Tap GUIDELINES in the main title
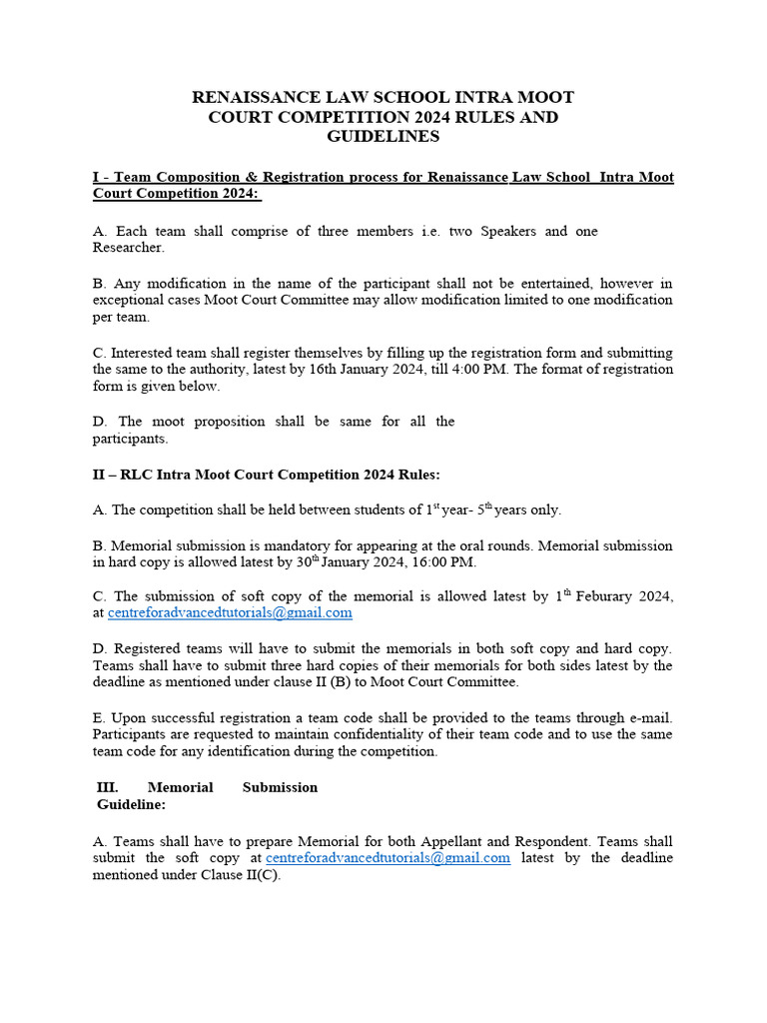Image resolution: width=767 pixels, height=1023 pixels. tap(383, 137)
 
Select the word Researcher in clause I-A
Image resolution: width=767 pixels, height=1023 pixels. tap(128, 247)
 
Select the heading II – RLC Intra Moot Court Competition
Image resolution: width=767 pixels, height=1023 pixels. tap(266, 474)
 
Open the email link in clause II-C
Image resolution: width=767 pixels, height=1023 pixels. tap(230, 612)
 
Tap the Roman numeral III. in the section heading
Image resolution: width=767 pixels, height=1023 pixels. tap(106, 787)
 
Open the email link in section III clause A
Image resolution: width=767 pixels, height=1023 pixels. tap(387, 857)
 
